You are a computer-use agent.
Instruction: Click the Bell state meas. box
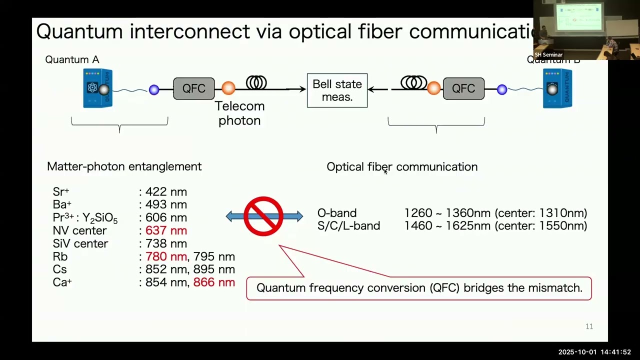(337, 90)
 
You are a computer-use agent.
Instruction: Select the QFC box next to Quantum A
(194, 88)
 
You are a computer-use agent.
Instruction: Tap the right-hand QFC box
(463, 88)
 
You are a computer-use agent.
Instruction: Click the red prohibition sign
(263, 216)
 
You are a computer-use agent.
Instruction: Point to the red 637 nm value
(166, 230)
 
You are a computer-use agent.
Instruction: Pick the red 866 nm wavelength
(214, 282)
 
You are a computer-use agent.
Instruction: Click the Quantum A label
(72, 59)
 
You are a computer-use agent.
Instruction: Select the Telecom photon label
(239, 113)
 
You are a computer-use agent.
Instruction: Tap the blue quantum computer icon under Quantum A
(97, 88)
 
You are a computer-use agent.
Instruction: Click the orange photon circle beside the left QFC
(228, 88)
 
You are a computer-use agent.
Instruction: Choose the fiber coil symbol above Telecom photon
(256, 82)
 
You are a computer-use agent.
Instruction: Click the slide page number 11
(589, 326)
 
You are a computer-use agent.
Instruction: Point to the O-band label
(337, 213)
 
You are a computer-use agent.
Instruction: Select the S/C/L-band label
(348, 226)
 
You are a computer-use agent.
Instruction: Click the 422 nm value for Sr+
(166, 191)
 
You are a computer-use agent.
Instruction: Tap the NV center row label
(79, 230)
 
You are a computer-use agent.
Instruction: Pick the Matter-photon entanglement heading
(124, 166)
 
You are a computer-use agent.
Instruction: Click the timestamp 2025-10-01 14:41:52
(594, 352)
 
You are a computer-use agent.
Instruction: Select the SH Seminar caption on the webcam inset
(548, 54)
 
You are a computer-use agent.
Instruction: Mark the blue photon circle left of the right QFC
(502, 89)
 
